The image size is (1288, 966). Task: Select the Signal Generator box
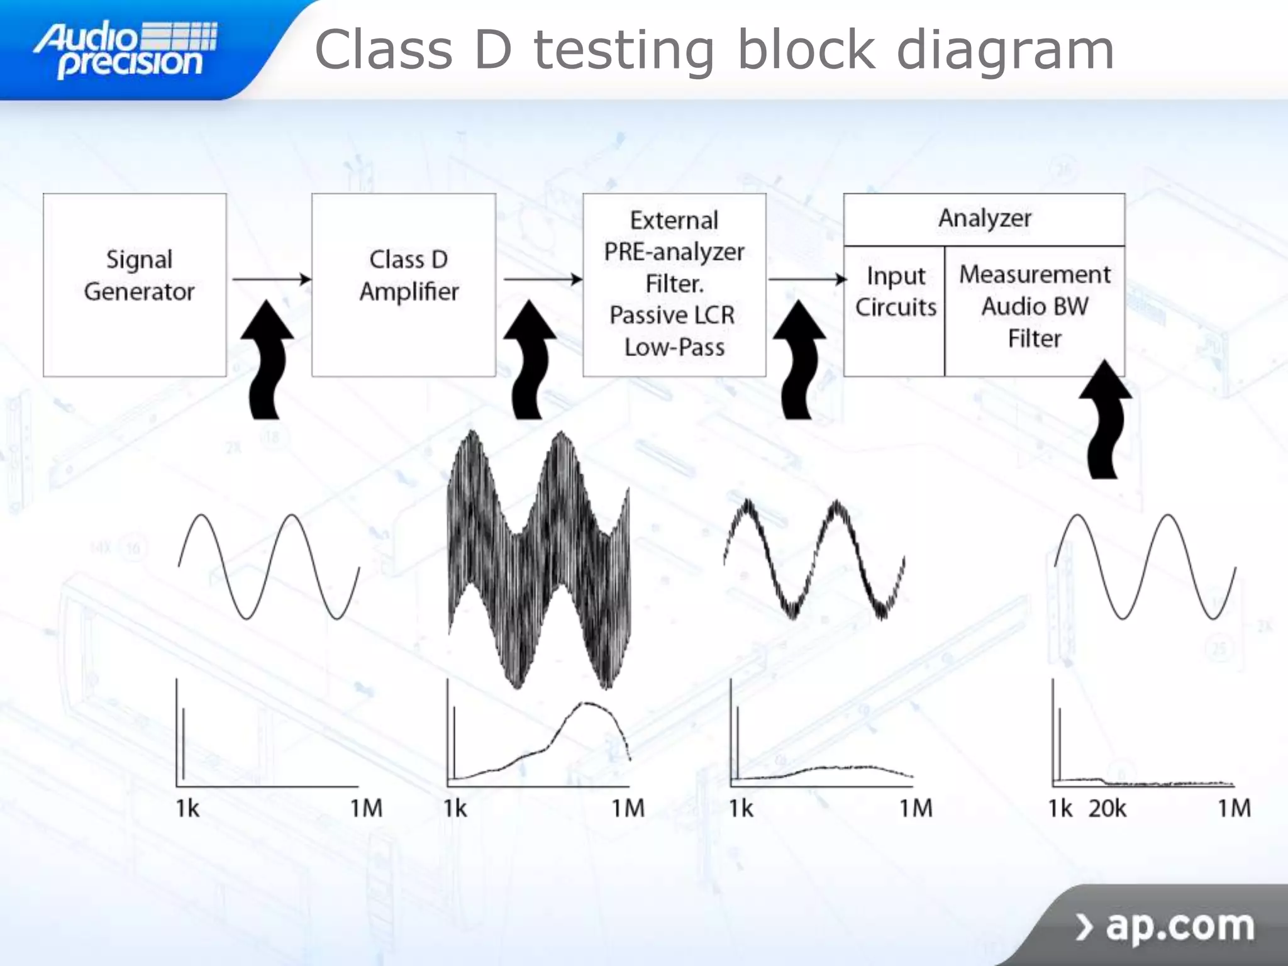coord(135,285)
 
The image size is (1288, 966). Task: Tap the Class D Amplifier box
coord(404,285)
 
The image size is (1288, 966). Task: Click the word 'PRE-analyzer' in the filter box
coord(674,252)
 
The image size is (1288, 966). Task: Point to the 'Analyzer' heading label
coord(984,218)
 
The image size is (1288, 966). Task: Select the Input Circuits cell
coord(895,292)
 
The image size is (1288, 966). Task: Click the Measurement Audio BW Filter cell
coord(1035,306)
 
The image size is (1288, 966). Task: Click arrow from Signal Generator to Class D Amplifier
coord(270,279)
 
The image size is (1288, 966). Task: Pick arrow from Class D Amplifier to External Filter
coord(542,279)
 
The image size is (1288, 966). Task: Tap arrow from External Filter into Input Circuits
coord(807,279)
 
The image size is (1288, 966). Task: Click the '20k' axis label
coord(1108,808)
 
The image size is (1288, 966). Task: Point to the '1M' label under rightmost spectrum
coord(1234,808)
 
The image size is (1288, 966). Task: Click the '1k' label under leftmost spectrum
coord(187,808)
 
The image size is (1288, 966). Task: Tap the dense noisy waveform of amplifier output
coord(538,560)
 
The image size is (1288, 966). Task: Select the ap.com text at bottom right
coord(1179,925)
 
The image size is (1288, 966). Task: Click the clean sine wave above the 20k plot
coord(1145,566)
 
